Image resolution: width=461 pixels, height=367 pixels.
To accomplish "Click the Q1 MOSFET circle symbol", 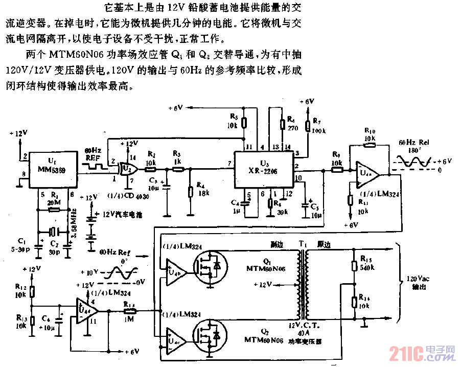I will [210, 266].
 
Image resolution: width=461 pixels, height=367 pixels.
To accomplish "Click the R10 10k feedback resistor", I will [370, 145].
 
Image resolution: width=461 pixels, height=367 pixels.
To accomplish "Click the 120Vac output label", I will [416, 284].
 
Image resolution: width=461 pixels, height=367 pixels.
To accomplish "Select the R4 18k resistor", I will [190, 192].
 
